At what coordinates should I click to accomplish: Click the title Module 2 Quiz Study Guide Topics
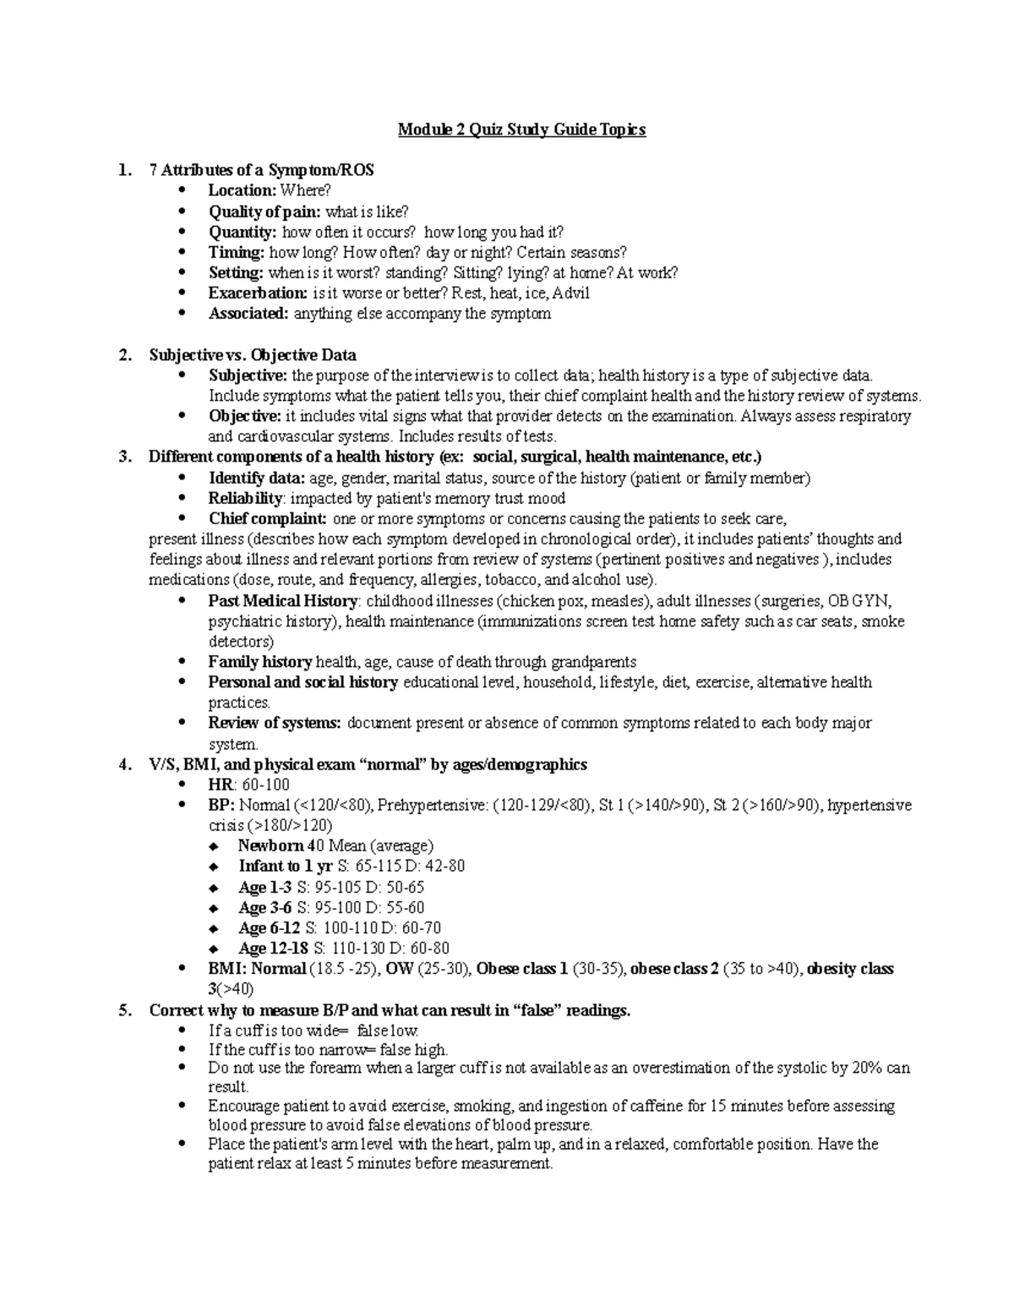tap(521, 129)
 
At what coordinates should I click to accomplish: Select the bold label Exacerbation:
tap(258, 293)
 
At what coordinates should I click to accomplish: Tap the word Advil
tap(570, 293)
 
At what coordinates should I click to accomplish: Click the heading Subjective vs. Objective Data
tap(253, 355)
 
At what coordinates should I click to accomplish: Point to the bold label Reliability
tap(245, 499)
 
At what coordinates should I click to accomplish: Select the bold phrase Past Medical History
tap(283, 601)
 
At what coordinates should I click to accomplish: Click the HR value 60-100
tap(266, 785)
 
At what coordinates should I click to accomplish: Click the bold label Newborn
tap(270, 846)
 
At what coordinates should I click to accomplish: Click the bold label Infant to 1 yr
tap(286, 867)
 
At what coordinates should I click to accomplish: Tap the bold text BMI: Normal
tap(257, 969)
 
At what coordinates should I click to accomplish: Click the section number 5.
tap(125, 1010)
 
